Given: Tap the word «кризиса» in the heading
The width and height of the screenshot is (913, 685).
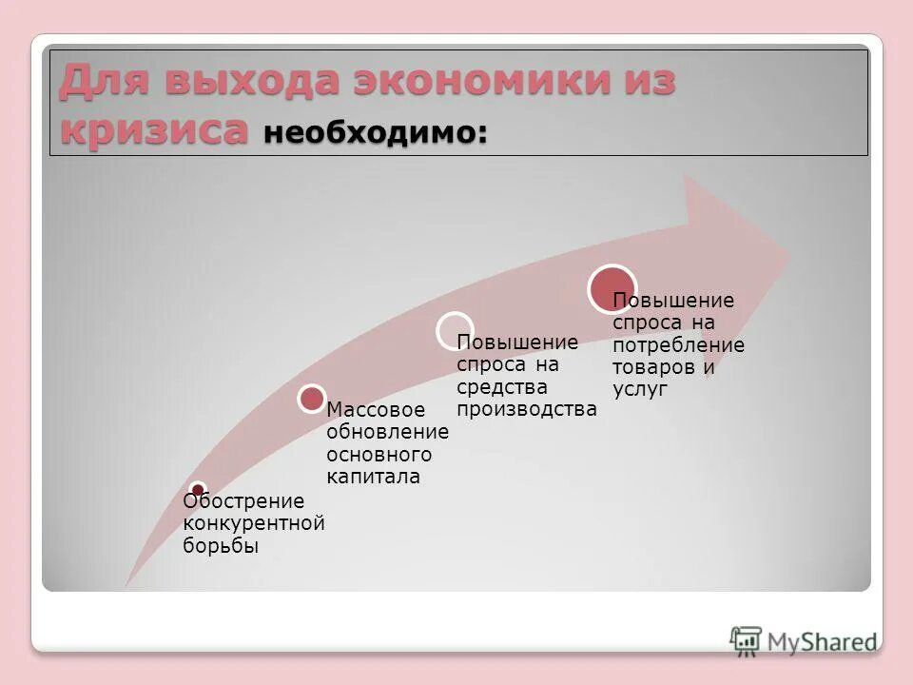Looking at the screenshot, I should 154,130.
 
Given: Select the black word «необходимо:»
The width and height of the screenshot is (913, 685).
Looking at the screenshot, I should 376,133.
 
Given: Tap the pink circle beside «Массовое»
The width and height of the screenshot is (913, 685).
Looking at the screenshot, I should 312,399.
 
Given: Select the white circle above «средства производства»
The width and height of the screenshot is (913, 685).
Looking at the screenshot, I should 456,329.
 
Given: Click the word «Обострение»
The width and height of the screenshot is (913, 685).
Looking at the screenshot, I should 243,501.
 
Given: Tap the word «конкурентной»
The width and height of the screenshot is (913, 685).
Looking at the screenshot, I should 253,523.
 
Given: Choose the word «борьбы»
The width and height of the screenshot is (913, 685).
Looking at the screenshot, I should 221,546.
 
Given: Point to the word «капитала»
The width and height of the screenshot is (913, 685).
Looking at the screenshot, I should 373,478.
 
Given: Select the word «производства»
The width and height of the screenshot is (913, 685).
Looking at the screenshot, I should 527,410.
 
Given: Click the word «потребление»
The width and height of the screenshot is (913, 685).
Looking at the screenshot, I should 679,345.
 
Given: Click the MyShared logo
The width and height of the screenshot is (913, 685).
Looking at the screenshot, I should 804,640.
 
